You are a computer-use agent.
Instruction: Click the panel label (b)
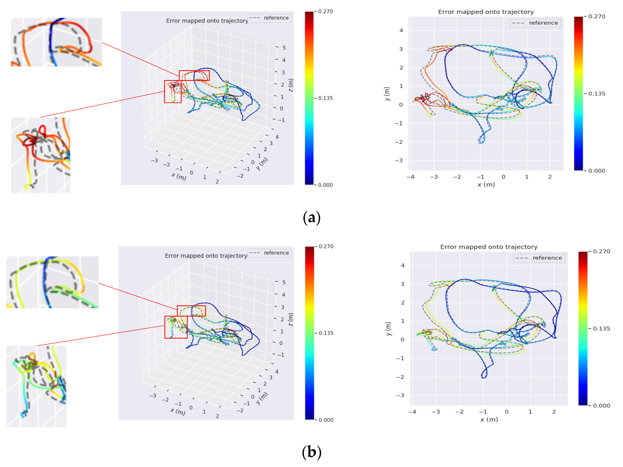[311, 452]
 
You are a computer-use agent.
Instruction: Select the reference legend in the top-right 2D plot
[535, 23]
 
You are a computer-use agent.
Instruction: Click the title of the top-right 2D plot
[486, 12]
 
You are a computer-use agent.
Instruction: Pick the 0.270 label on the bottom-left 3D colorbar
[326, 246]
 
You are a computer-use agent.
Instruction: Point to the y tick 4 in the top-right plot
[401, 30]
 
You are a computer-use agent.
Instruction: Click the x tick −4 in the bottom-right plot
[412, 412]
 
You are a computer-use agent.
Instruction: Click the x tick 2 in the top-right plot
[550, 177]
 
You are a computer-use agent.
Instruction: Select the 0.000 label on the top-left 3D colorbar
[325, 185]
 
